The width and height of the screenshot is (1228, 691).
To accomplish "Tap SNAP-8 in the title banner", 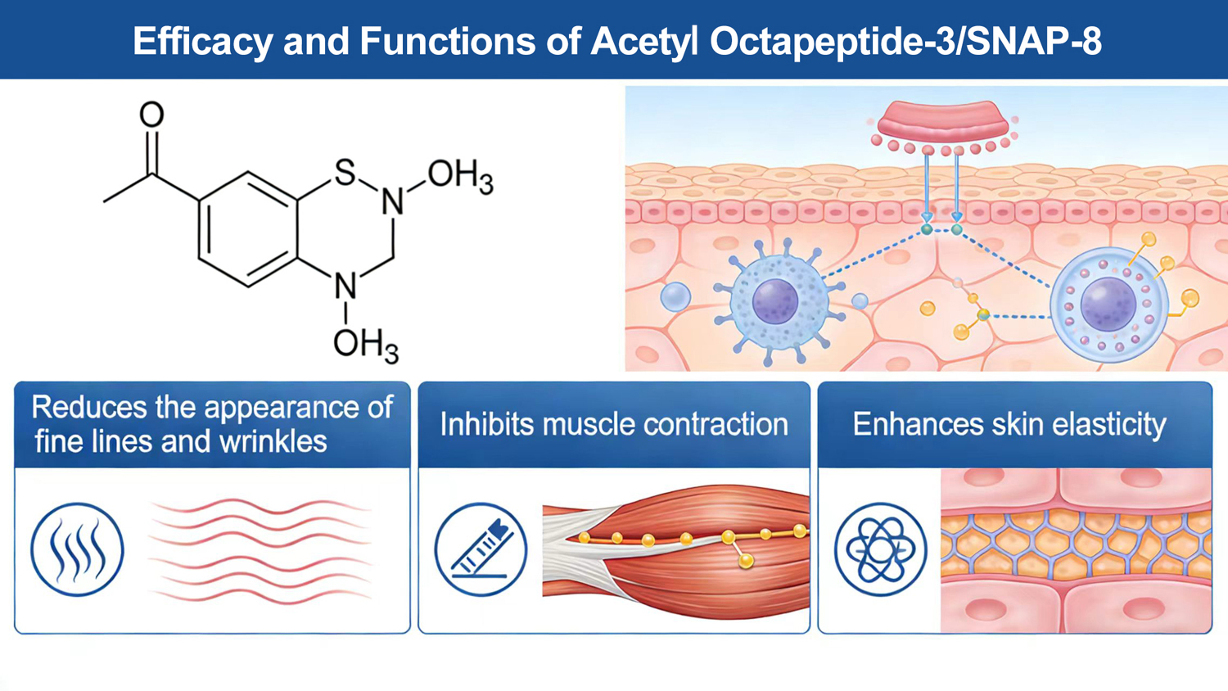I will [x=1033, y=41].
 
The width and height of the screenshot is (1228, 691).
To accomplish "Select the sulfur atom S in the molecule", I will [x=345, y=172].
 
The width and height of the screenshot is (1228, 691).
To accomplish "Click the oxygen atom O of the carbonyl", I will [x=151, y=115].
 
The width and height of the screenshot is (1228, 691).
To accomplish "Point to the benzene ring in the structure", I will [x=247, y=229].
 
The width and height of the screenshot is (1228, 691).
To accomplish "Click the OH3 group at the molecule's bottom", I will [x=365, y=344].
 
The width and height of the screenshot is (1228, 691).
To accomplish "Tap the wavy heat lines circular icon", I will [x=78, y=549].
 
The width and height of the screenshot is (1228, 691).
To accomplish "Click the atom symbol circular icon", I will [x=881, y=549].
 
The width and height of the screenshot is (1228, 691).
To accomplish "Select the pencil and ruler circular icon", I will [x=481, y=549].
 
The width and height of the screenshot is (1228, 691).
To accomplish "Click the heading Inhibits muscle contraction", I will [x=614, y=424].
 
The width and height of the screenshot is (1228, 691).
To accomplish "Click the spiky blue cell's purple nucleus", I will [x=774, y=300].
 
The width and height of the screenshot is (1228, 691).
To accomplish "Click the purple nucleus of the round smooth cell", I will [x=1108, y=303].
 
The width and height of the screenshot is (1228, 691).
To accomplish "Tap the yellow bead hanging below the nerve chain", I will [x=746, y=561].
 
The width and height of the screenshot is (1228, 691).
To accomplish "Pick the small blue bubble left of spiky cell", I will [x=675, y=296].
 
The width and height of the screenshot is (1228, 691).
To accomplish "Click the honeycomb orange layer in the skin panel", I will [x=1076, y=544].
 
